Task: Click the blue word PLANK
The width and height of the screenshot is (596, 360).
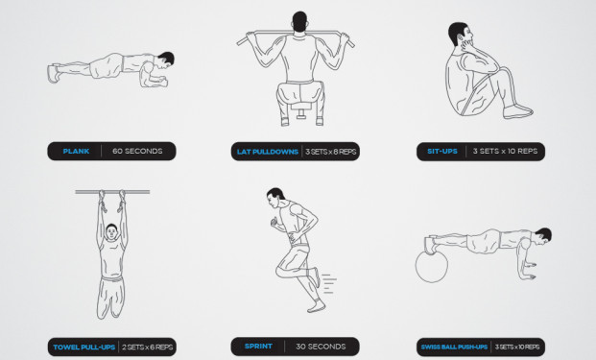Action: [76, 152]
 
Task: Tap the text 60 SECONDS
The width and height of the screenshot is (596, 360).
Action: [137, 152]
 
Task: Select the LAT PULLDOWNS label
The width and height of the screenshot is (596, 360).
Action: [268, 152]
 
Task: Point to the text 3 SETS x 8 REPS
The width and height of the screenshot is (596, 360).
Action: [331, 152]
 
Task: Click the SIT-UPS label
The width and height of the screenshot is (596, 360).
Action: [442, 152]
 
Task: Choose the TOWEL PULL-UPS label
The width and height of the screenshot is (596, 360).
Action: [84, 348]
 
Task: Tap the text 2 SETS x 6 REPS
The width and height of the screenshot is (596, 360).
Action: [147, 348]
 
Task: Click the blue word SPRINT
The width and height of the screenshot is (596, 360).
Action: [258, 347]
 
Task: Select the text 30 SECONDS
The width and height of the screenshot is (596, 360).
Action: [321, 347]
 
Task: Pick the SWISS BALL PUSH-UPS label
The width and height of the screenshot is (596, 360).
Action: [454, 348]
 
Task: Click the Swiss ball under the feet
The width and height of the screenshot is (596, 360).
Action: [432, 267]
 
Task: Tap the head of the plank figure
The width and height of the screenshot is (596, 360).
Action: [166, 60]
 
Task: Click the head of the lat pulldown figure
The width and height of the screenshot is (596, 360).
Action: [299, 22]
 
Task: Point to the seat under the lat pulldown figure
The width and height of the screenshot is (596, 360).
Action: [301, 108]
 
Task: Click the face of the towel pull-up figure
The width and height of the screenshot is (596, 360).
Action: [111, 232]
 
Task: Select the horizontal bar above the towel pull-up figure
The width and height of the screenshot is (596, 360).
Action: [112, 192]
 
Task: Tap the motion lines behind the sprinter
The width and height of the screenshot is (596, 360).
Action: [329, 283]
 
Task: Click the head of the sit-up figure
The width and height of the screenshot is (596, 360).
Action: [461, 35]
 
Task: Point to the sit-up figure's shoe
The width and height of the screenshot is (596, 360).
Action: [517, 111]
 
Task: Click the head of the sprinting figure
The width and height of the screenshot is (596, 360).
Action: [274, 198]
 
